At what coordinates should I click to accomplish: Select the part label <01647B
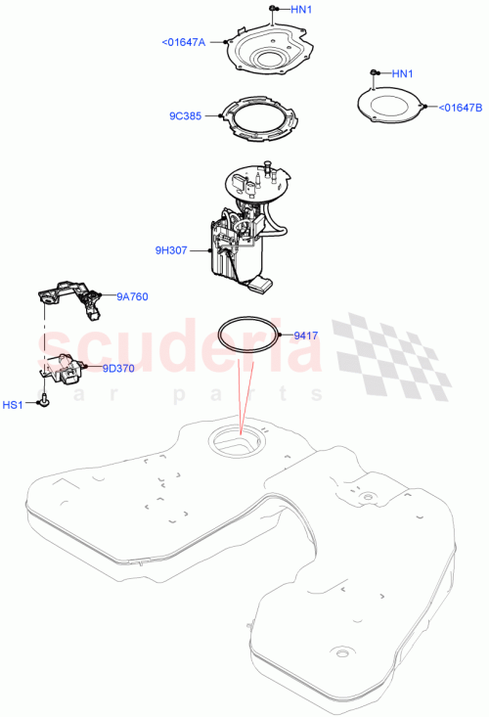(460, 107)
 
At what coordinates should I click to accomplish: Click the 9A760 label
(132, 296)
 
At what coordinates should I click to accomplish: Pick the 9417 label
(307, 336)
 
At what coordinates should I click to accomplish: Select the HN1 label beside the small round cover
(402, 73)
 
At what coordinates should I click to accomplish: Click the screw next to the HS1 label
(45, 402)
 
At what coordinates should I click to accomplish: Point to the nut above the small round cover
(374, 73)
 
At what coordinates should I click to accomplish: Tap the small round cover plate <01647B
(391, 108)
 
